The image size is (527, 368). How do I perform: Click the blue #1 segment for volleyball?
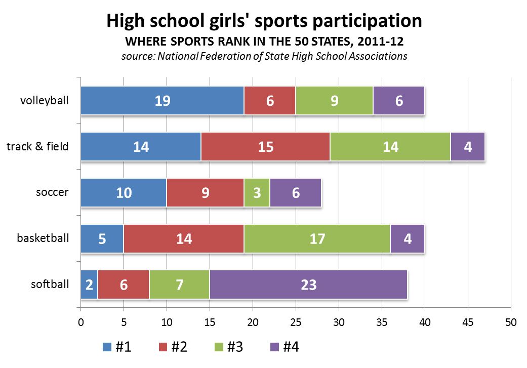pyautogui.click(x=162, y=101)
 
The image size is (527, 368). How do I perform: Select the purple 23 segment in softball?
pyautogui.click(x=308, y=284)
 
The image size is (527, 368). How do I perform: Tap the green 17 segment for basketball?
pyautogui.click(x=317, y=238)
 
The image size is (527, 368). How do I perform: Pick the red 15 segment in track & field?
pyautogui.click(x=265, y=147)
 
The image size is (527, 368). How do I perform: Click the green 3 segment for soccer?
pyautogui.click(x=257, y=193)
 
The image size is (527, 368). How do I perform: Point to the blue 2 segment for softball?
pyautogui.click(x=89, y=284)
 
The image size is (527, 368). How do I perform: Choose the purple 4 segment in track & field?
pyautogui.click(x=467, y=147)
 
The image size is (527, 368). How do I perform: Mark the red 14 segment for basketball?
pyautogui.click(x=184, y=238)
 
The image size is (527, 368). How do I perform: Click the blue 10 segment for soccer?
pyautogui.click(x=124, y=193)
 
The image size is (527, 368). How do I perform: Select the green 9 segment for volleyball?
pyautogui.click(x=334, y=101)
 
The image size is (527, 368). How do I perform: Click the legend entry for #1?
pyautogui.click(x=117, y=347)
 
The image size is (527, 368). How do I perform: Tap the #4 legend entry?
pyautogui.click(x=285, y=347)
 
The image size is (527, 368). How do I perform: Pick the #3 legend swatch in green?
pyautogui.click(x=219, y=347)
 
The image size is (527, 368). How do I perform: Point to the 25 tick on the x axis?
pyautogui.click(x=296, y=321)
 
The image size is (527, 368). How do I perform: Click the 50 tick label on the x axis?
pyautogui.click(x=510, y=321)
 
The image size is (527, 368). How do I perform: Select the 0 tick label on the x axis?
pyautogui.click(x=80, y=321)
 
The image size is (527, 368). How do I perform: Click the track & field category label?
pyautogui.click(x=37, y=147)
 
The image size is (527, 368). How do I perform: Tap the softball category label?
pyautogui.click(x=50, y=284)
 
